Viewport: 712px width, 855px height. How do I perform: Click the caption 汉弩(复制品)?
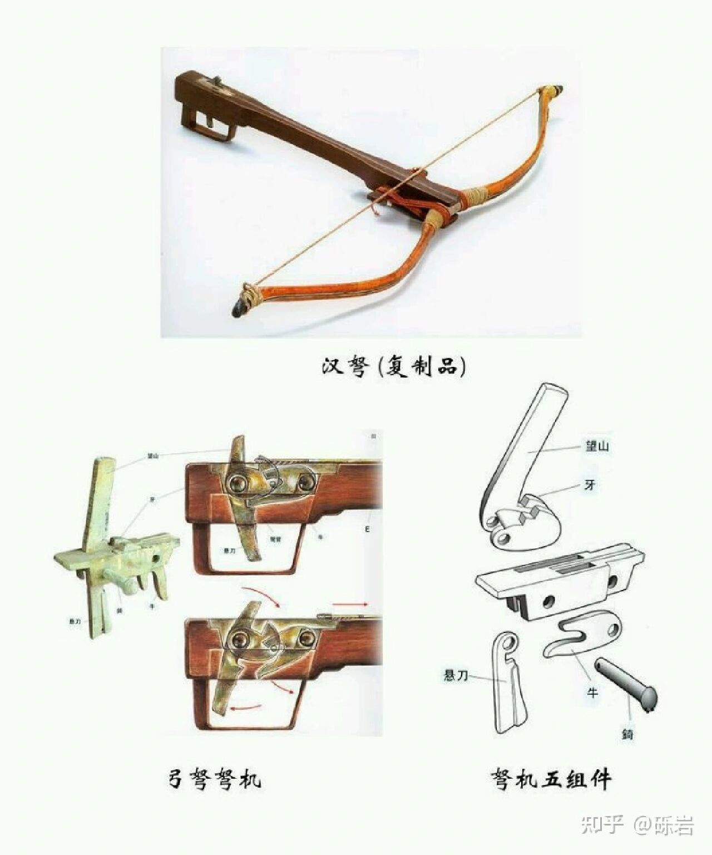coord(393,368)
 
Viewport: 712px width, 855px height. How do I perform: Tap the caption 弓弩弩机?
coord(214,779)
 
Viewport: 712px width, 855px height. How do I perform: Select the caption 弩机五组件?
coord(551,779)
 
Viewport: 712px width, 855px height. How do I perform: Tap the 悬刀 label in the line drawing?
coord(456,676)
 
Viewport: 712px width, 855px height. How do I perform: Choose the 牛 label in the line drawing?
coord(592,693)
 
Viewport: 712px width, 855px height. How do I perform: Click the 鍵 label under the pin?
coord(627,734)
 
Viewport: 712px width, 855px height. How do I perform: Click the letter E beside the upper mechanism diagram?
coord(367,529)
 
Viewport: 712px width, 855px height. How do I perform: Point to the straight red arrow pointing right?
coord(350,603)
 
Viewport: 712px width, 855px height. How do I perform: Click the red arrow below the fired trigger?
coord(246,707)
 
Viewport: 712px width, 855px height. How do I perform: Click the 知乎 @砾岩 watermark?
coord(637,825)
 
